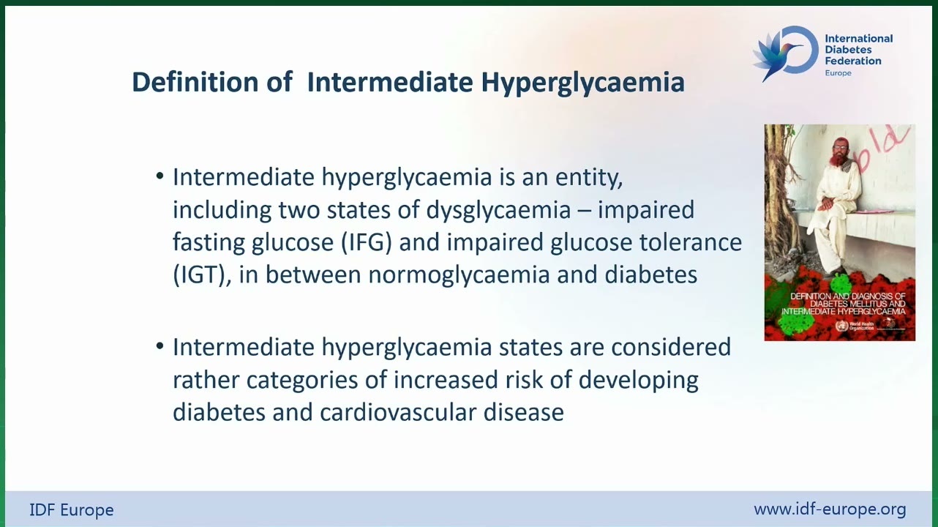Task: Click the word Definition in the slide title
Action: point(195,81)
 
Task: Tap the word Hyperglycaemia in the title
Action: point(583,83)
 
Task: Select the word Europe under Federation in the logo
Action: point(838,73)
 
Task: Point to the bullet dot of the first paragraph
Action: point(160,176)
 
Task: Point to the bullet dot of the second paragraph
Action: point(160,345)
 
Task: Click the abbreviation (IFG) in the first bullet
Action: point(367,242)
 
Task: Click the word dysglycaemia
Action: point(498,210)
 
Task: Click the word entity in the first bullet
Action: point(589,178)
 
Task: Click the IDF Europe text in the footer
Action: point(72,510)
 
